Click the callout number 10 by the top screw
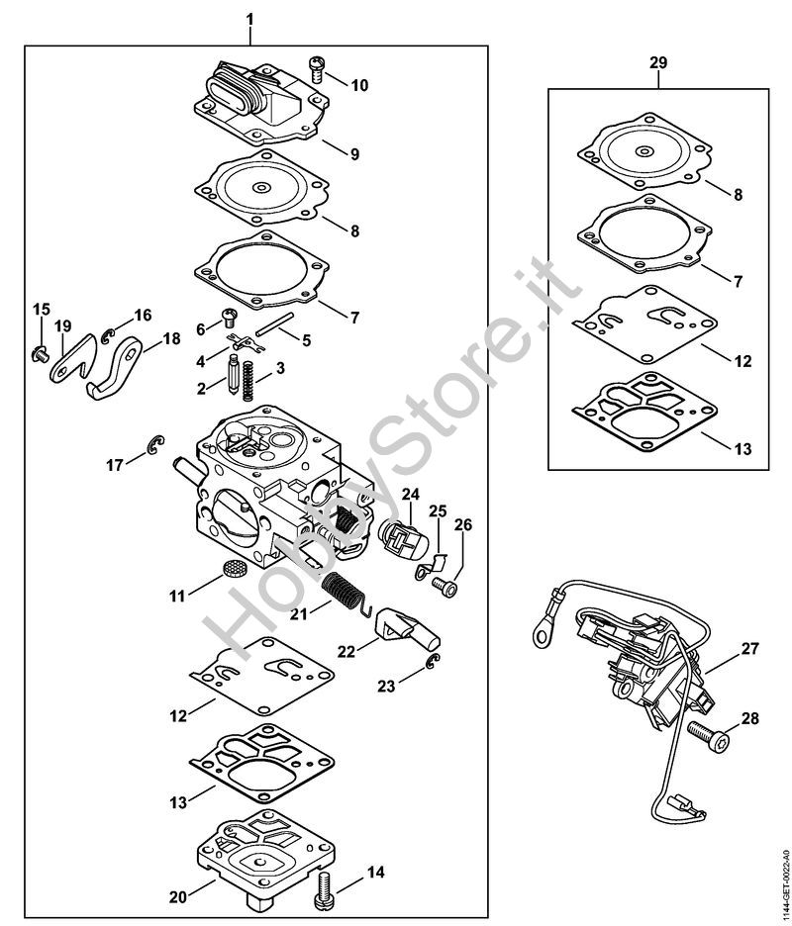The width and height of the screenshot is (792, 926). [x=358, y=86]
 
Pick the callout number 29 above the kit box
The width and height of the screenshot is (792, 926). [x=658, y=62]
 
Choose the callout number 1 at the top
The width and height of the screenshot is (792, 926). [x=249, y=19]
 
